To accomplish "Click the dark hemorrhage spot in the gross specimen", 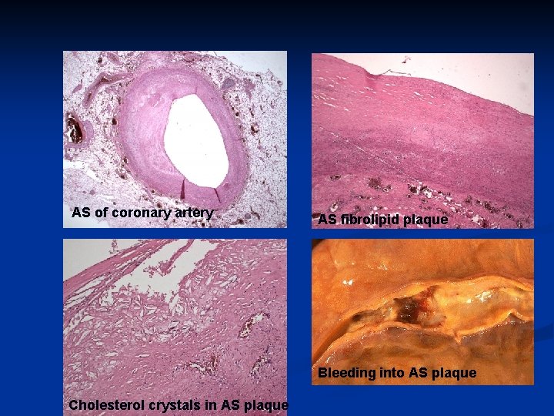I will point(405,310).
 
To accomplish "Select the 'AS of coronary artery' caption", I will point(142,213).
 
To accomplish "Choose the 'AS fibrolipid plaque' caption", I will point(383,220).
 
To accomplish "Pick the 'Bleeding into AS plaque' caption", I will point(398,374).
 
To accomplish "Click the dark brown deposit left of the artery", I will point(75,128).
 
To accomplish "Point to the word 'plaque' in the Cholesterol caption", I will point(266,405).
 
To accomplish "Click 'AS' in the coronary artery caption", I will point(81,213).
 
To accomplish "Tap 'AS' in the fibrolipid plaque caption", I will point(327,220).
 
